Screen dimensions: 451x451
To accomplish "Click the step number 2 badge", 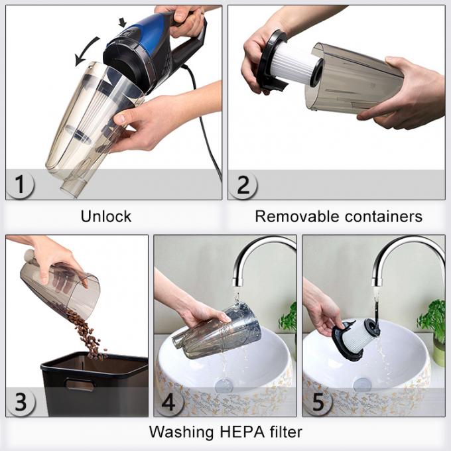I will point(243,184).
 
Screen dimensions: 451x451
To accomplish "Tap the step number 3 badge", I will point(21,401).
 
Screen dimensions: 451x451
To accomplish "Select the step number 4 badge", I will point(169,401).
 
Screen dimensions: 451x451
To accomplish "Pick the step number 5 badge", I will point(318,401).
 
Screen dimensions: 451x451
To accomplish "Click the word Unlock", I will point(106,216).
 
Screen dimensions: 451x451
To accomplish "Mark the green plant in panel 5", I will point(433,318).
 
